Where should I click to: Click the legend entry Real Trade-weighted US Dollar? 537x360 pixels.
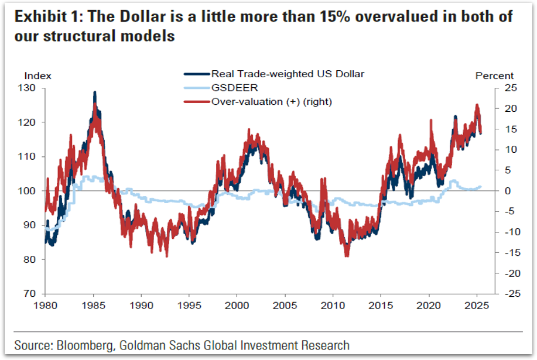point(287,74)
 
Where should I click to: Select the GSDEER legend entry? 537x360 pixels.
point(231,88)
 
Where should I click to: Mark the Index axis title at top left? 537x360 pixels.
point(37,76)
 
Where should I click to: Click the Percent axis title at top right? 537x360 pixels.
point(494,76)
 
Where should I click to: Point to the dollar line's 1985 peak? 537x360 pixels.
point(94,92)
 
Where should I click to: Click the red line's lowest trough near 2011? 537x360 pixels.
point(347,255)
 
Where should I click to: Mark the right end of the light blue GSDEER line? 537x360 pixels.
point(481,187)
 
